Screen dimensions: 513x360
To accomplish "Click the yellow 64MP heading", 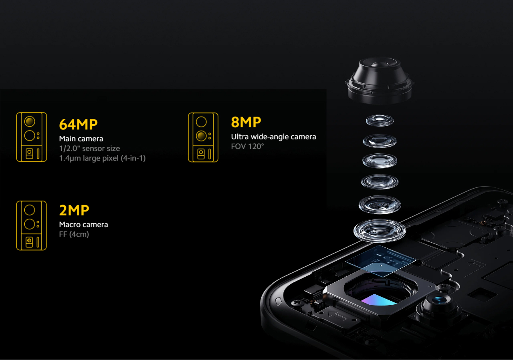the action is tap(78, 125).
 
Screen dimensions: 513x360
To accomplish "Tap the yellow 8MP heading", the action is tap(246, 122).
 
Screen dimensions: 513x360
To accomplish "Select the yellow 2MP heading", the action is tap(74, 210).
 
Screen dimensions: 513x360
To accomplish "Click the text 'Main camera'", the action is tap(81, 139).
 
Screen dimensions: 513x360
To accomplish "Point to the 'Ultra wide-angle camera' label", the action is tap(273, 137).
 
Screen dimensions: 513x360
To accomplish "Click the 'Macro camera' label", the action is tap(83, 225).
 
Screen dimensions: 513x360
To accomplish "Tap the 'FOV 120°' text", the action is tap(247, 147).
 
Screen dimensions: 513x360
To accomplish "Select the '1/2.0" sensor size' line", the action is tap(89, 149).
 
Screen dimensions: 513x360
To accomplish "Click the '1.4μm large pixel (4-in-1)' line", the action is tap(102, 158).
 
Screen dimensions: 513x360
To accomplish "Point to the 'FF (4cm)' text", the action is tap(74, 234).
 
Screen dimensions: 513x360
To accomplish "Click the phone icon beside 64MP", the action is tap(32, 137).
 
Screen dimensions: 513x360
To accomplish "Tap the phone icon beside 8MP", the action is tap(203, 137).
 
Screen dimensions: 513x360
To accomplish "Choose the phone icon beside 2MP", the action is tap(31, 225).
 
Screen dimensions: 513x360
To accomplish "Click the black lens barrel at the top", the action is tap(380, 80).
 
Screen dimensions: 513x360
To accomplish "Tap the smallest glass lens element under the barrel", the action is tap(380, 121).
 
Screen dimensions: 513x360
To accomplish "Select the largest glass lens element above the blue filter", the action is tap(380, 231).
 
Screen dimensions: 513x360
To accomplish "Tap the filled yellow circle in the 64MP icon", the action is tap(30, 121).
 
